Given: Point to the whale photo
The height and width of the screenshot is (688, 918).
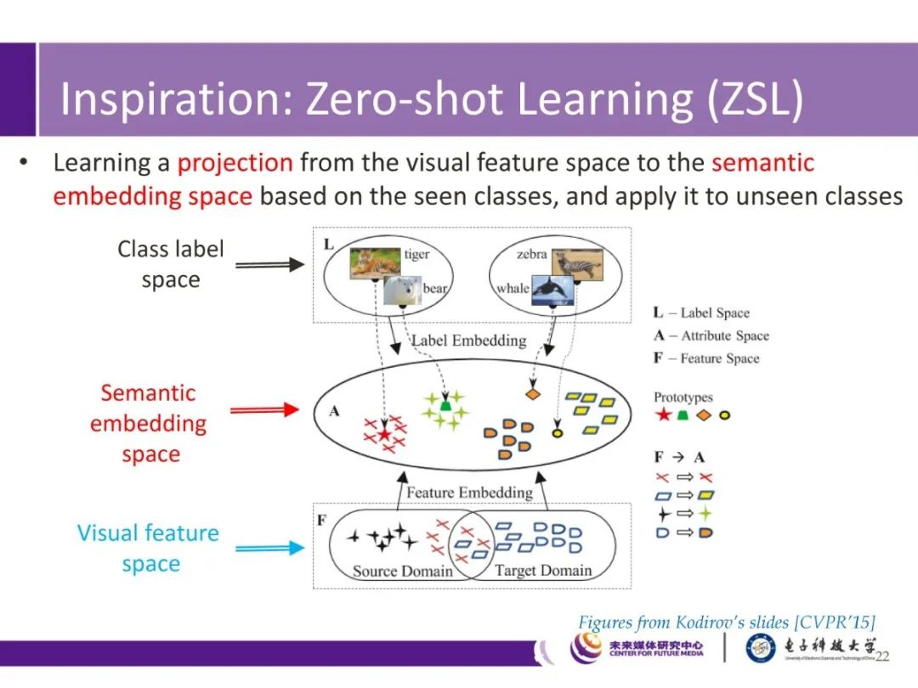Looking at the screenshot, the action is [x=552, y=291].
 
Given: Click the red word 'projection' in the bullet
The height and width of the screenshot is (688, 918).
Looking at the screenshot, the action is [x=235, y=162].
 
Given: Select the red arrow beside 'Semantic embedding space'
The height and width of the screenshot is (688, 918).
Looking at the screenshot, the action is [x=265, y=410].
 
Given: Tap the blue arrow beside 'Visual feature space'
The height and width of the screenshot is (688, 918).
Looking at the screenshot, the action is [x=269, y=548].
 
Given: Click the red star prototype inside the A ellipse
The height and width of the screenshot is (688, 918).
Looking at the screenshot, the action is [x=384, y=434].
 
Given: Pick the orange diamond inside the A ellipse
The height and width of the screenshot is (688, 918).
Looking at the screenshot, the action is [x=533, y=394].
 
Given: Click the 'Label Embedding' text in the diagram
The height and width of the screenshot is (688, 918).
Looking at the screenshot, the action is [x=468, y=341].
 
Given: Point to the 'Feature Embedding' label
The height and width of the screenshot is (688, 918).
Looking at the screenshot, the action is [x=469, y=493].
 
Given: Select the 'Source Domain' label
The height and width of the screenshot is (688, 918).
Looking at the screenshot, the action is [x=402, y=571].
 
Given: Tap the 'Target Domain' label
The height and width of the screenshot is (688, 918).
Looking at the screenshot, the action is [x=543, y=571].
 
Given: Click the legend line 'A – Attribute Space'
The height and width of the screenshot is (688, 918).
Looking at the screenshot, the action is [x=711, y=336].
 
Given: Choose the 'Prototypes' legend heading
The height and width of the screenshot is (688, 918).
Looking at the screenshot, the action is [x=683, y=397].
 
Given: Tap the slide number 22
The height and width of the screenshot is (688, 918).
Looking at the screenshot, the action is [x=882, y=656].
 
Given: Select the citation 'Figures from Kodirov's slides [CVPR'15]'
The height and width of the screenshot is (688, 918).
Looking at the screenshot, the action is [x=727, y=622].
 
